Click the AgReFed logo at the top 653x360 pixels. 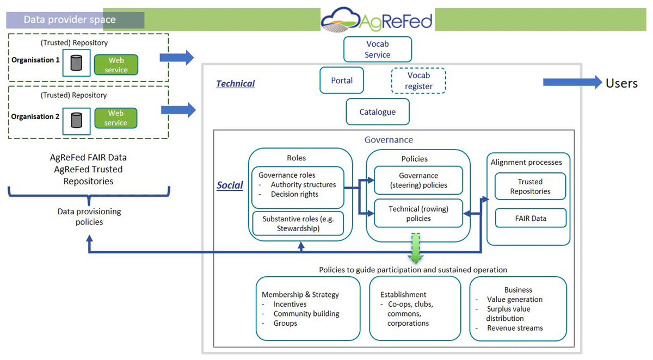tap(377, 20)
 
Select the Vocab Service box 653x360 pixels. tap(377, 49)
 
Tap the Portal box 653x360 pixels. tap(342, 80)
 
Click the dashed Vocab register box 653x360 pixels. tap(418, 80)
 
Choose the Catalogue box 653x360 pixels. tap(377, 112)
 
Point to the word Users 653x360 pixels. tap(621, 83)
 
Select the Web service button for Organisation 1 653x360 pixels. tap(116, 65)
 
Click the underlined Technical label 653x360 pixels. tap(235, 84)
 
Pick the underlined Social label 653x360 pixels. tap(230, 185)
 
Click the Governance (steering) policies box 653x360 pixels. tap(418, 181)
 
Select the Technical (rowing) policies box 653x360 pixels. tap(418, 214)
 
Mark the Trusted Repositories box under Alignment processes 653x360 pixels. tap(530, 187)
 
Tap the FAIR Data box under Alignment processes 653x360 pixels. tap(530, 219)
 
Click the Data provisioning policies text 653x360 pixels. tap(89, 216)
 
